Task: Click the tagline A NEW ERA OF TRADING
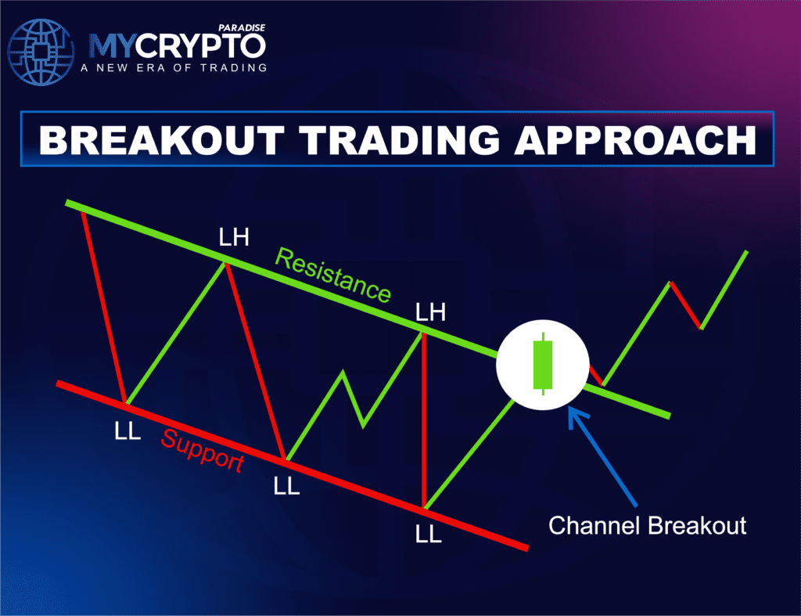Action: [x=173, y=67]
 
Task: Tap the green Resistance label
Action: [x=333, y=276]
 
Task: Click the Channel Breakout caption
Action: [x=647, y=524]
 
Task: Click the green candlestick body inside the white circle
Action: [x=541, y=365]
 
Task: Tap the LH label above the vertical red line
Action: [x=431, y=313]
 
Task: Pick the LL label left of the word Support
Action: [x=128, y=431]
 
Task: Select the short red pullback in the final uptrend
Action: [x=685, y=305]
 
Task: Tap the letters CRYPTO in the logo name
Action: [x=213, y=46]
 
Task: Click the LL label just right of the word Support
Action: [x=286, y=486]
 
